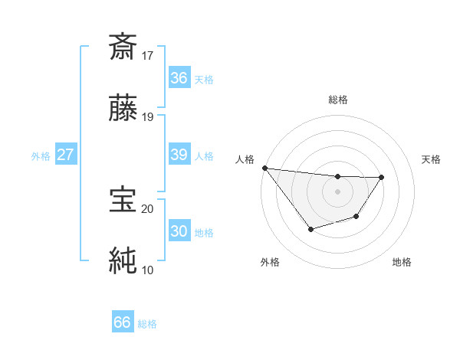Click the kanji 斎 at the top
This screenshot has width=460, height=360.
click(123, 47)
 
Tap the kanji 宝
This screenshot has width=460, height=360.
click(123, 200)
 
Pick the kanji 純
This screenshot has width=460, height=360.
click(123, 260)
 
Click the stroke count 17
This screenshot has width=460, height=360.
click(148, 55)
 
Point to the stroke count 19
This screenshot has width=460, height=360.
click(148, 116)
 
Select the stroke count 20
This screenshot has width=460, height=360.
click(148, 208)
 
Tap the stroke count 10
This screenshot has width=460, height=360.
click(148, 269)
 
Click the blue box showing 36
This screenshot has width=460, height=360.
click(179, 78)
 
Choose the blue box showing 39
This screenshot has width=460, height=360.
click(179, 155)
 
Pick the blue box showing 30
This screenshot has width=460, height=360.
click(179, 231)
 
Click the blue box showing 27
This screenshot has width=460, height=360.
click(66, 155)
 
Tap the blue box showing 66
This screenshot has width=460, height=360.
click(123, 322)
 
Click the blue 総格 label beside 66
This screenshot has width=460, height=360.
click(147, 324)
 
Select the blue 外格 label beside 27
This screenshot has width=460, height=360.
click(41, 156)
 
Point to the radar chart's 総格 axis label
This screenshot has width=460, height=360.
click(337, 100)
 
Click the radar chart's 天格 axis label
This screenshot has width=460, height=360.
click(431, 159)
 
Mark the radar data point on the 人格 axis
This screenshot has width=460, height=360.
click(264, 168)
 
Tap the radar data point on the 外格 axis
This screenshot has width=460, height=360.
click(310, 229)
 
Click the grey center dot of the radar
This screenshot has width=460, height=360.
click(337, 191)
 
